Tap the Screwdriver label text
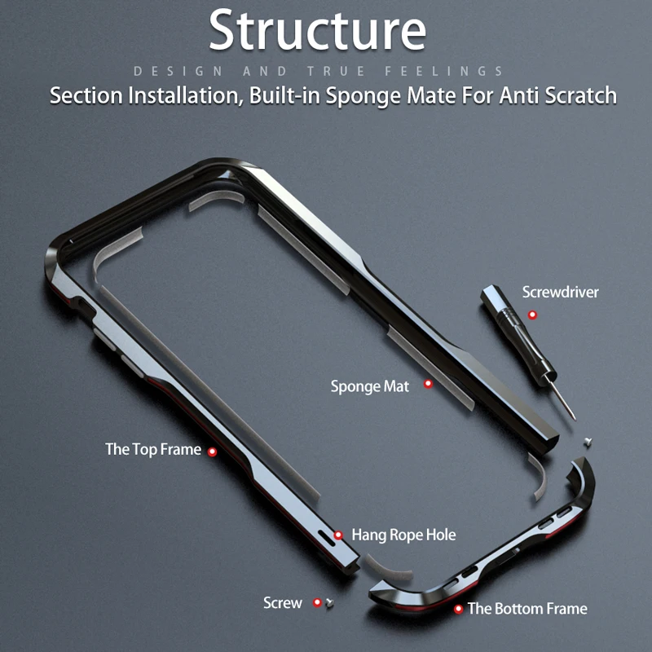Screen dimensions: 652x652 [560, 292]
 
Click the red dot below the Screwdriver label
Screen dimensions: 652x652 [532, 314]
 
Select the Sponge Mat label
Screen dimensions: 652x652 [370, 385]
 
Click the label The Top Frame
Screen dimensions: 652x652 [153, 449]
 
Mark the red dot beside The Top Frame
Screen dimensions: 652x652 [213, 451]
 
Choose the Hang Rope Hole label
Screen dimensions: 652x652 [403, 535]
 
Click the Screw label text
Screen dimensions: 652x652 [283, 603]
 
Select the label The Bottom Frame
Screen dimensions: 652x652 [527, 608]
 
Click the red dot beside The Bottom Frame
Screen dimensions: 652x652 [459, 608]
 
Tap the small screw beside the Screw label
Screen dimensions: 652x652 [329, 604]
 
